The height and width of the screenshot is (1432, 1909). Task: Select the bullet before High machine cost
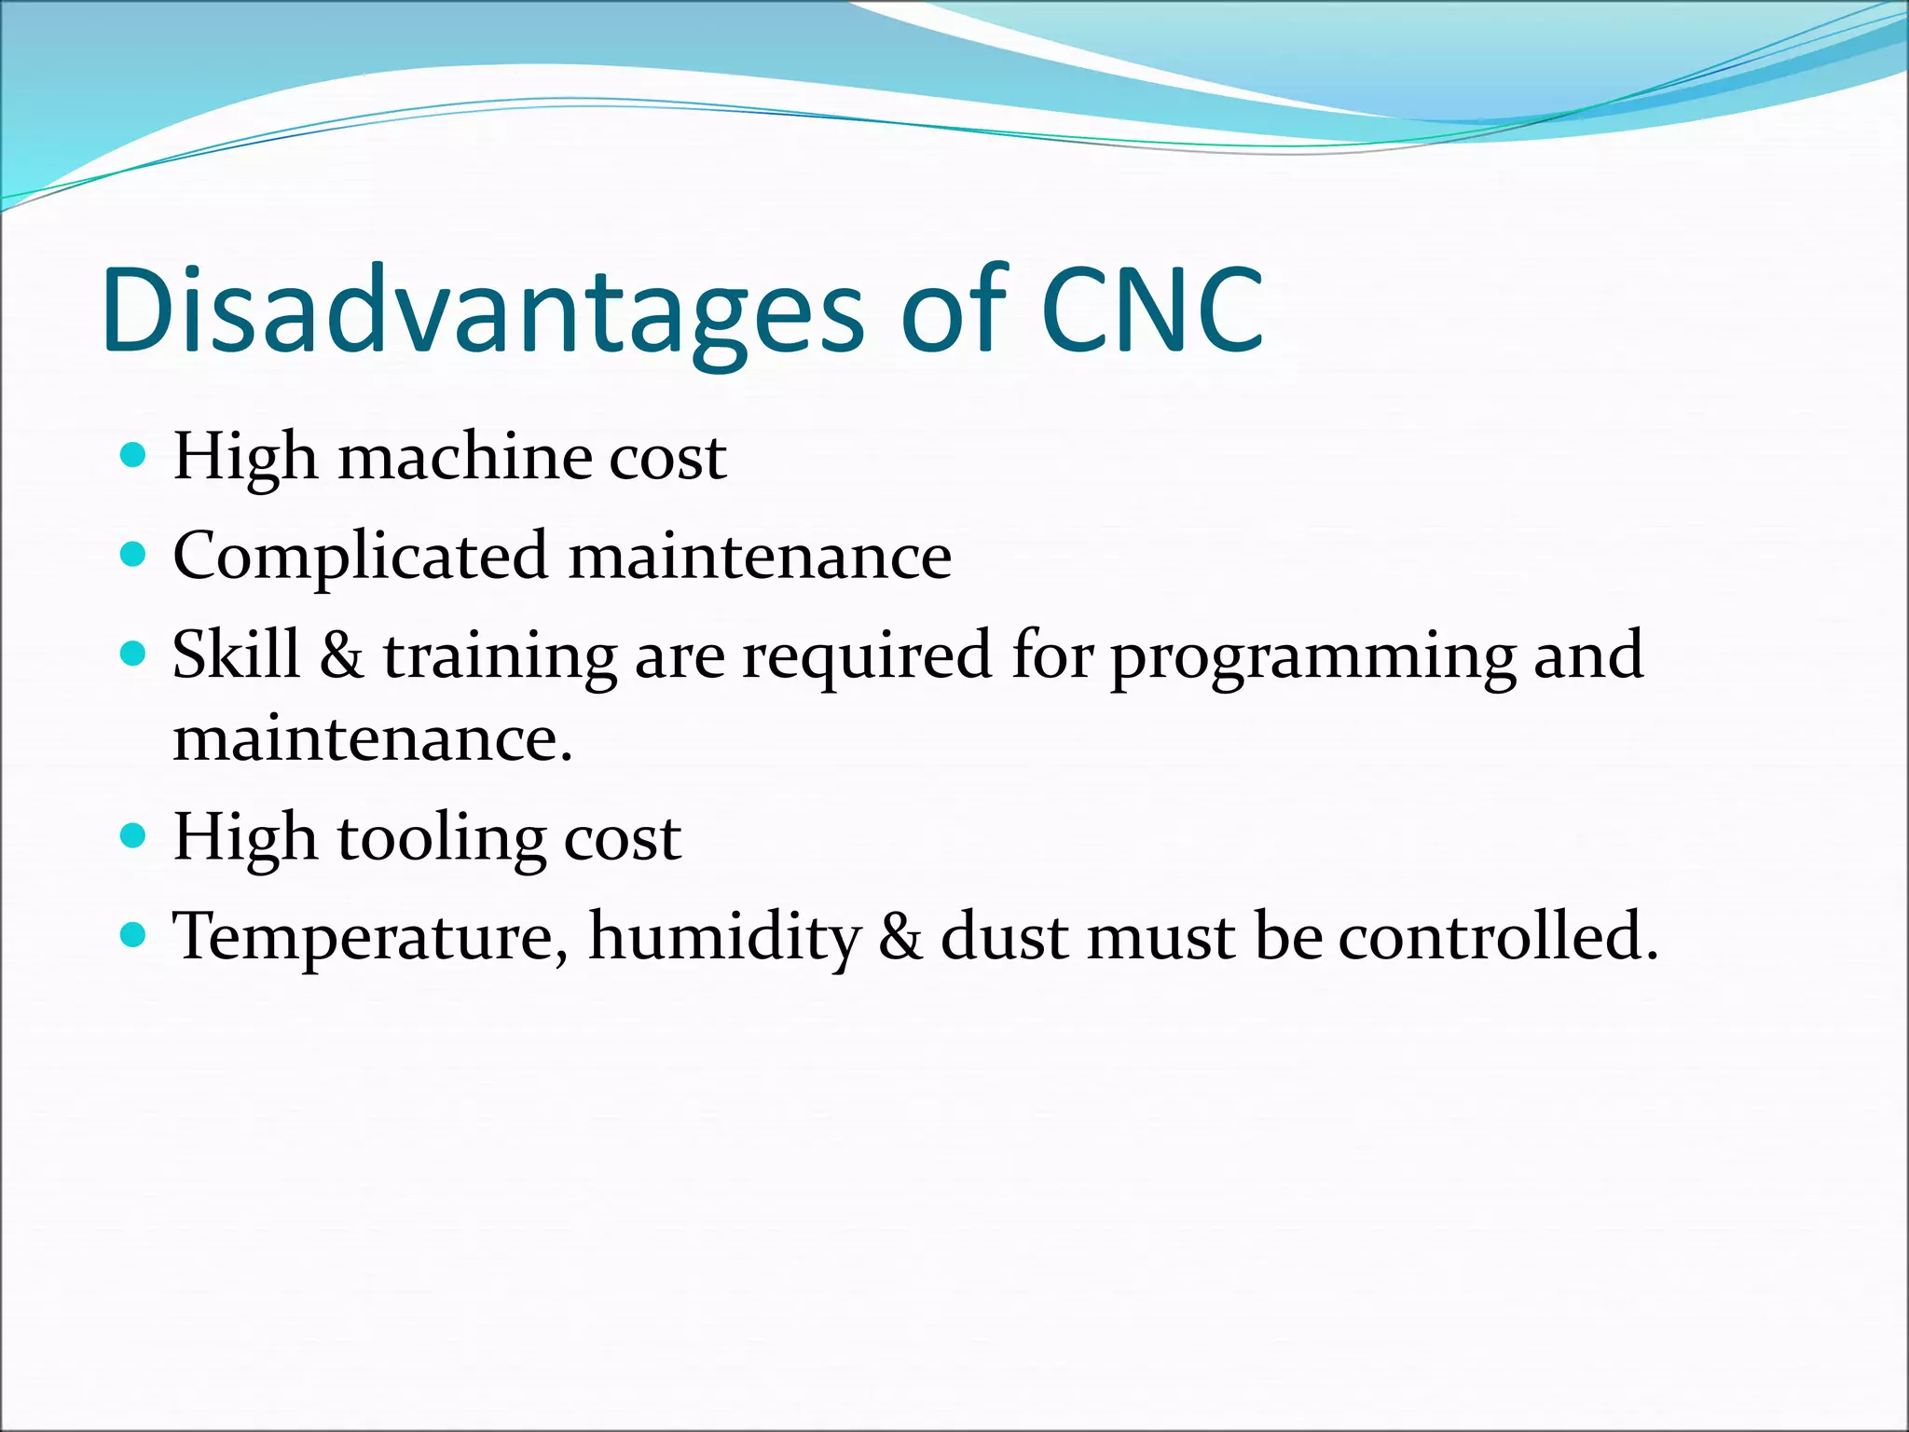(x=134, y=455)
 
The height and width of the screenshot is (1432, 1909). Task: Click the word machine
(x=464, y=458)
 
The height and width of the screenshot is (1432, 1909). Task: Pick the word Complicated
(x=360, y=558)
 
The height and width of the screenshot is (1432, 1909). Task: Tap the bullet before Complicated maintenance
(x=134, y=555)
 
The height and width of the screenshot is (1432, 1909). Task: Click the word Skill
(x=236, y=654)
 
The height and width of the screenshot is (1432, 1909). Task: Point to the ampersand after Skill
(x=341, y=654)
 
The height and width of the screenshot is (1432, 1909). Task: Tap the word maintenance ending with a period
(x=372, y=738)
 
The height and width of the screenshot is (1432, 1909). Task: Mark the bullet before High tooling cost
(x=134, y=833)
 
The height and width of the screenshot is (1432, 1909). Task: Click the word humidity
(x=724, y=938)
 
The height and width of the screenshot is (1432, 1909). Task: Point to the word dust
(x=1004, y=936)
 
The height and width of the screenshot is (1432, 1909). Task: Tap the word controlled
(x=1498, y=936)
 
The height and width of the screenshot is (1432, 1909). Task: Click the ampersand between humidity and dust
(x=900, y=937)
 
